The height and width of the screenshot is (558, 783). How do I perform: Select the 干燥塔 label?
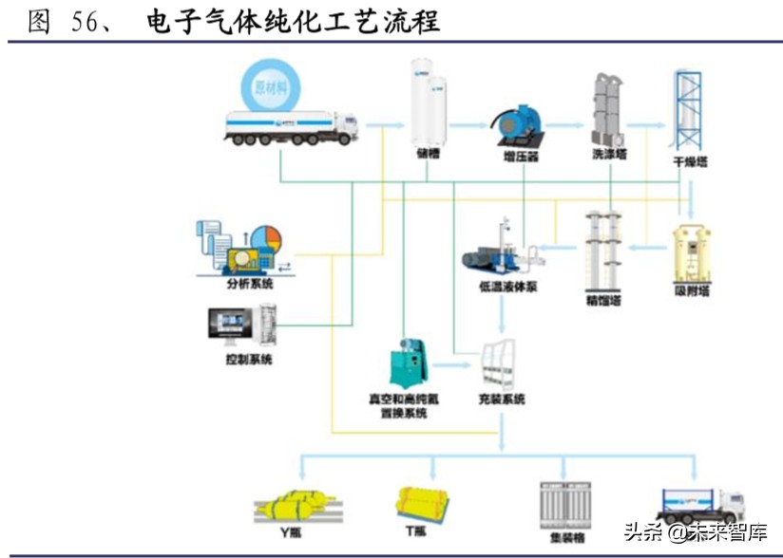(691, 162)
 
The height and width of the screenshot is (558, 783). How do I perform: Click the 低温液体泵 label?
(508, 286)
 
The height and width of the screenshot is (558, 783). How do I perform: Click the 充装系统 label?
(502, 400)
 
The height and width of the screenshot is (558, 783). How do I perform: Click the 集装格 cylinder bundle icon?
(560, 499)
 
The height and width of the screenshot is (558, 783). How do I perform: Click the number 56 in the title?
(85, 22)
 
